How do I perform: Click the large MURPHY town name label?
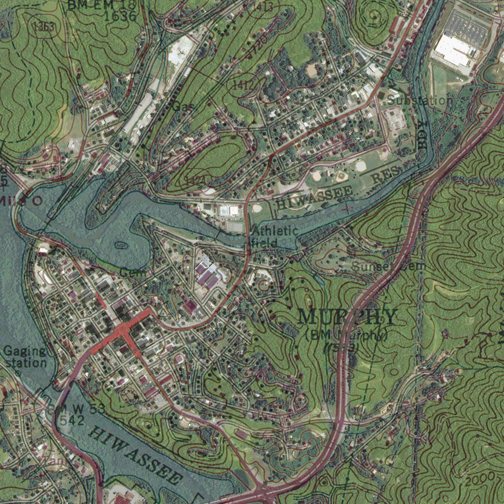coord(347,317)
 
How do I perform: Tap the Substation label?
coord(420,100)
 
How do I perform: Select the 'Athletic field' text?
coord(275,236)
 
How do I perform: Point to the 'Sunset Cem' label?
coord(388,267)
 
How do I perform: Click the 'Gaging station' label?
coord(25,357)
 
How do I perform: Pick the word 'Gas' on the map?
coord(183,106)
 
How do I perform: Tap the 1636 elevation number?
coord(120,16)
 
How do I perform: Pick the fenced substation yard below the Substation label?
coord(395,119)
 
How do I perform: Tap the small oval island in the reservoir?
coord(120,245)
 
